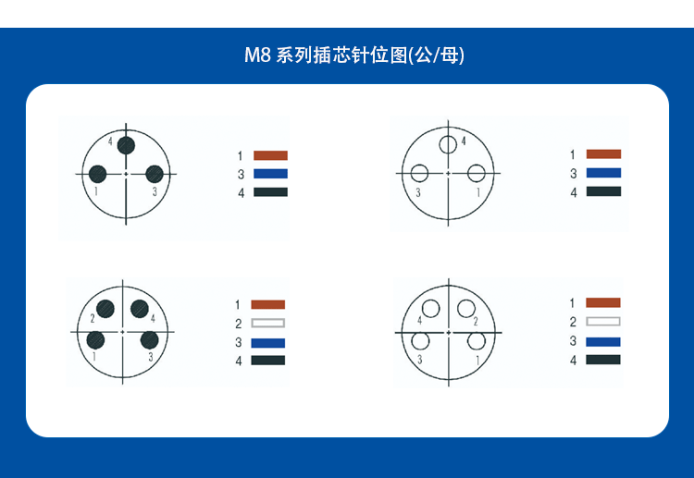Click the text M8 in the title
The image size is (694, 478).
point(257,55)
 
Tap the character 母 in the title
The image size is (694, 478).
point(449,55)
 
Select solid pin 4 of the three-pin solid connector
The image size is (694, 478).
point(126,145)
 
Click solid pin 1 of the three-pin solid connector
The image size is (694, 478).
point(97,174)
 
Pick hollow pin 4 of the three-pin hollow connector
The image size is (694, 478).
point(448,144)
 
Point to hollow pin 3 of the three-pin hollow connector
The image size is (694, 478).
point(419,173)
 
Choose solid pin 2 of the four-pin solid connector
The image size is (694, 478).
point(105,309)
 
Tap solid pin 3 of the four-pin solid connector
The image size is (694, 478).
point(150,340)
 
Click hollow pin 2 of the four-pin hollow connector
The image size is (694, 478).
point(466,308)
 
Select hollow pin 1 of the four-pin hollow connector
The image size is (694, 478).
point(477,341)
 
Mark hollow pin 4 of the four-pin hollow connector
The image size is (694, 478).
point(430,308)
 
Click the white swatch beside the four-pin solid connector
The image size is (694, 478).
point(267,324)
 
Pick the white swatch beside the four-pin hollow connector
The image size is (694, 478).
point(602,322)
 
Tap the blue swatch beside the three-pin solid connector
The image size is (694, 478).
point(270,174)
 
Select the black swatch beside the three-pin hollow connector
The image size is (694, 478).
point(603,191)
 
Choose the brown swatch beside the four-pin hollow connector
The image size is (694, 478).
point(602,302)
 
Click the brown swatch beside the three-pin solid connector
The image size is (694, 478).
point(270,155)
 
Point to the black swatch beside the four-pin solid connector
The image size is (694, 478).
point(267,361)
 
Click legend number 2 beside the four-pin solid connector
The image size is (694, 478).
point(238,325)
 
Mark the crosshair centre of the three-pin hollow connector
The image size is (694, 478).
point(448,173)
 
